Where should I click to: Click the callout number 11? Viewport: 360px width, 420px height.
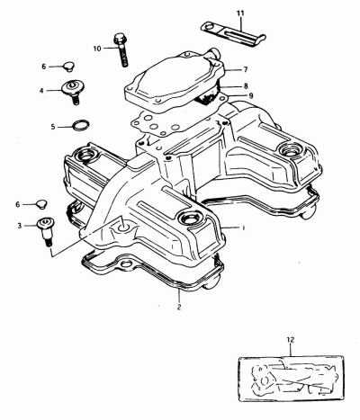click(240, 13)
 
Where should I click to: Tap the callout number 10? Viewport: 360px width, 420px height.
click(97, 49)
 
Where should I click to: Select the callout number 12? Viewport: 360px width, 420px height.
click(291, 340)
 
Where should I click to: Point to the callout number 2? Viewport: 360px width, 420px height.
click(179, 307)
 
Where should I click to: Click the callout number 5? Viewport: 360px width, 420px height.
click(53, 127)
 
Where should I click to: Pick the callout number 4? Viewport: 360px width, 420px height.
click(41, 90)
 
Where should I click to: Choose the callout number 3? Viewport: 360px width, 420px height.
click(20, 226)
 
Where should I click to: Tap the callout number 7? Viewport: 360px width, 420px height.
click(246, 69)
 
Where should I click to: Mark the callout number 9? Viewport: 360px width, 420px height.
click(251, 95)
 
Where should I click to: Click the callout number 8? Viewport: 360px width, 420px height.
click(246, 86)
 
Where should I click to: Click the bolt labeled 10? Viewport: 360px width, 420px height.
click(121, 49)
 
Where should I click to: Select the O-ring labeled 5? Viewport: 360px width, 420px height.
click(81, 125)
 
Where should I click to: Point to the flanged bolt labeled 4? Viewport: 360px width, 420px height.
click(73, 92)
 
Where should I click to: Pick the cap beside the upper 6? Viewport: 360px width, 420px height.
click(69, 67)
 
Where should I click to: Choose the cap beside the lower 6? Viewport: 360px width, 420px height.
click(42, 204)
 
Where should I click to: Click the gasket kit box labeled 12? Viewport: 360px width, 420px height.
click(291, 379)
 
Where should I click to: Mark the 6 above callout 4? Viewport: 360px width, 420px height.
click(44, 67)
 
